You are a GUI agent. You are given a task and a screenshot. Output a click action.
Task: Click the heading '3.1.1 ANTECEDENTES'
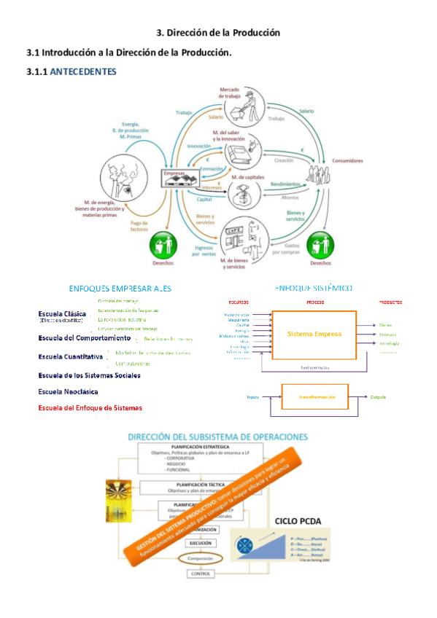click(70, 71)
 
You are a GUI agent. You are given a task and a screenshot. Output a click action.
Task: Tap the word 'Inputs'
click(253, 396)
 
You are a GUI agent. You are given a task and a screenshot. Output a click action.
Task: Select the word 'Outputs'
click(378, 396)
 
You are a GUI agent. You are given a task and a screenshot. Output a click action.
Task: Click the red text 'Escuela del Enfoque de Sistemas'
click(90, 407)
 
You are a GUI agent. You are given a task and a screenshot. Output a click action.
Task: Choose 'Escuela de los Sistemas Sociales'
click(89, 375)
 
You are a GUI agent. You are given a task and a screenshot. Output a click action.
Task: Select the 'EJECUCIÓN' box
click(201, 543)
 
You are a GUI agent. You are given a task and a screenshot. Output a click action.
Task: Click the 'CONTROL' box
click(200, 574)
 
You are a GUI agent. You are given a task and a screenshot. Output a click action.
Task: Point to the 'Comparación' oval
click(201, 558)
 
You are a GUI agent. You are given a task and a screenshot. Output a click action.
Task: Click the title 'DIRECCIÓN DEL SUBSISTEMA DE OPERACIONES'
click(217, 437)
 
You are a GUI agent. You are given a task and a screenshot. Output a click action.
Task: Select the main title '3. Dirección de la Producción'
click(219, 33)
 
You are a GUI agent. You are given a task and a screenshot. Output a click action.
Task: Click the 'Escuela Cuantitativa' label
click(71, 357)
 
